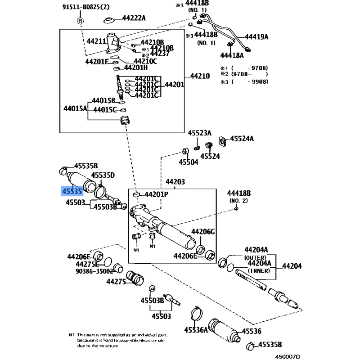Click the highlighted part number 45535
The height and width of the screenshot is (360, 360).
72,192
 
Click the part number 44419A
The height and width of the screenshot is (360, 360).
256,37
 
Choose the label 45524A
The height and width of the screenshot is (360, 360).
242,139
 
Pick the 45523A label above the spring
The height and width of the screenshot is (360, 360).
199,133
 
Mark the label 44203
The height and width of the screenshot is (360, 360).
175,182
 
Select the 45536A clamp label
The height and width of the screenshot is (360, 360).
196,330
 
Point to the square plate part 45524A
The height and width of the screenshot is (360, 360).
222,140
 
